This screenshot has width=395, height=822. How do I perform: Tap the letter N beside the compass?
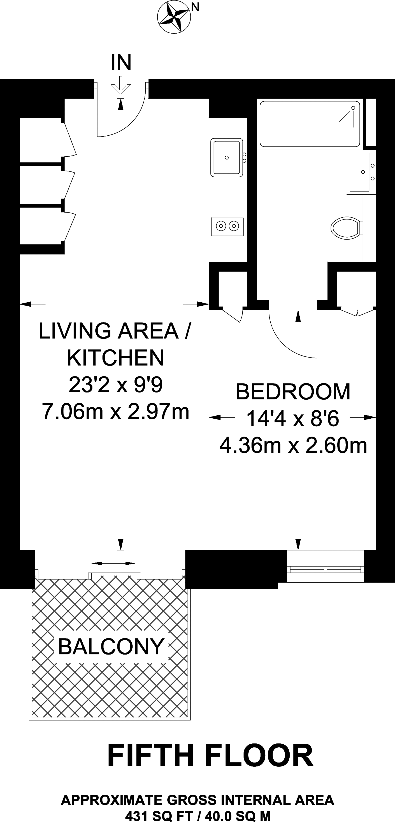195,7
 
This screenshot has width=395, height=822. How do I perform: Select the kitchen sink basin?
227,157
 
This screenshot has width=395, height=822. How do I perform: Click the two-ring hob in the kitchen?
227,226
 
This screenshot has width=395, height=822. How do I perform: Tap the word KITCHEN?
116,358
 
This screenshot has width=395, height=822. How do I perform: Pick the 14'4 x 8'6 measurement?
292,418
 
